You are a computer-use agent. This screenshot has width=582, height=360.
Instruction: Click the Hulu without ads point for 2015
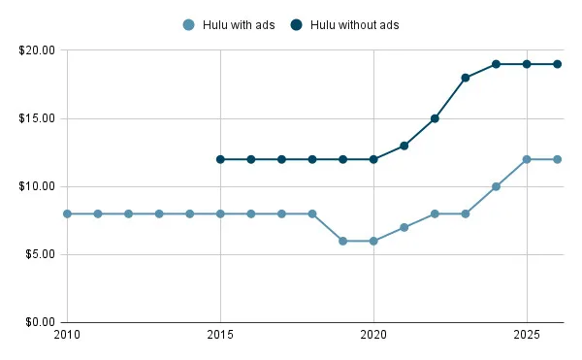click(x=220, y=159)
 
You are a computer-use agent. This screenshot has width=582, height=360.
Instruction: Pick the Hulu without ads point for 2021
click(x=404, y=146)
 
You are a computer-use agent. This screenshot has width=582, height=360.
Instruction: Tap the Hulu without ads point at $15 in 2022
click(x=435, y=118)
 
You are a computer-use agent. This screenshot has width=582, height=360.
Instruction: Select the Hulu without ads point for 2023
click(x=466, y=78)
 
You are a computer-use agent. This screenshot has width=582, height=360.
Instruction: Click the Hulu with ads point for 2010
click(x=67, y=213)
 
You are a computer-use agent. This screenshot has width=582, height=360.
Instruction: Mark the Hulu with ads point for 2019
click(x=343, y=241)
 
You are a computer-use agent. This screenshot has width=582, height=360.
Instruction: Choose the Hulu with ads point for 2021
click(x=404, y=227)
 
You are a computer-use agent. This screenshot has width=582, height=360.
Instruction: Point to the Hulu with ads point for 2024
click(x=496, y=186)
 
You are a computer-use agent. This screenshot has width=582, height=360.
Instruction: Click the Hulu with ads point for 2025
click(x=527, y=159)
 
